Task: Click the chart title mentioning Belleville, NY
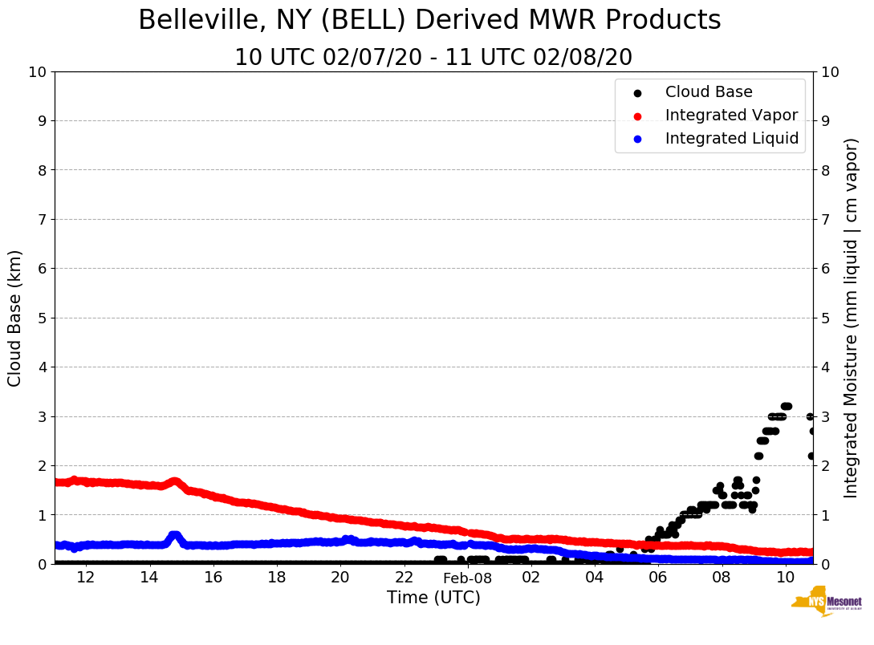[x=429, y=21]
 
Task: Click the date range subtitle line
[x=433, y=58]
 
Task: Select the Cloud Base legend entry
[x=709, y=92]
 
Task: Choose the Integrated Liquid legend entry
[x=731, y=139]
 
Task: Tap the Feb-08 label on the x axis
[x=467, y=578]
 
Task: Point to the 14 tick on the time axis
[x=149, y=578]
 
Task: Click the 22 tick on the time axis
[x=404, y=578]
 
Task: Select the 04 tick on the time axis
[x=595, y=578]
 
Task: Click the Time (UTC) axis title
[x=433, y=598]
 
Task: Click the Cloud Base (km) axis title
[x=15, y=318]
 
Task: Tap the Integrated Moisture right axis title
[x=852, y=318]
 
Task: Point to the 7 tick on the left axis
[x=40, y=219]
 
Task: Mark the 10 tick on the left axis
[x=37, y=71]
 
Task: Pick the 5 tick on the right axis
[x=827, y=318]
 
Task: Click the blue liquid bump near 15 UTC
[x=174, y=536]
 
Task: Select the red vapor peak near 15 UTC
[x=174, y=482]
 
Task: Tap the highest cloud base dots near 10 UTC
[x=786, y=407]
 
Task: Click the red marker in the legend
[x=637, y=116]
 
